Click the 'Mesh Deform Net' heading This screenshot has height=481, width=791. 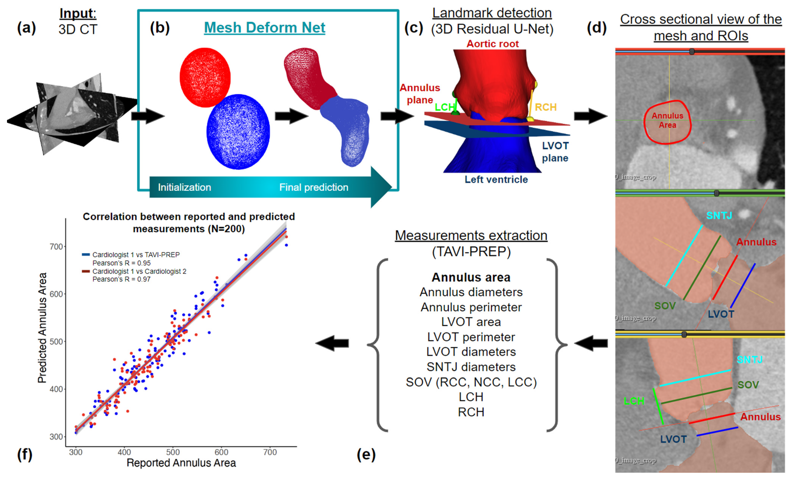coord(264,28)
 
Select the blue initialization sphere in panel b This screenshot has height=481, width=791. coord(238,132)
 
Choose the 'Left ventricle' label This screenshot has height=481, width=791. coord(496,180)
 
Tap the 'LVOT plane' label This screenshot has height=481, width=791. coord(555,152)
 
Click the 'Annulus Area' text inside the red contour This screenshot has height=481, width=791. coord(667,120)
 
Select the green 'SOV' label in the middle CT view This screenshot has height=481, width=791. coord(665,306)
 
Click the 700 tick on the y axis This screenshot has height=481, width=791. coord(56,247)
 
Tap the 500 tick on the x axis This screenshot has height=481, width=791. coord(173,452)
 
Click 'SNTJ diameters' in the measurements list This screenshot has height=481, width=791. coord(471,367)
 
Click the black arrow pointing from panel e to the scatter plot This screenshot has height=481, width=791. coord(332,343)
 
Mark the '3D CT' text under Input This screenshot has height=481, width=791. coord(78,29)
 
